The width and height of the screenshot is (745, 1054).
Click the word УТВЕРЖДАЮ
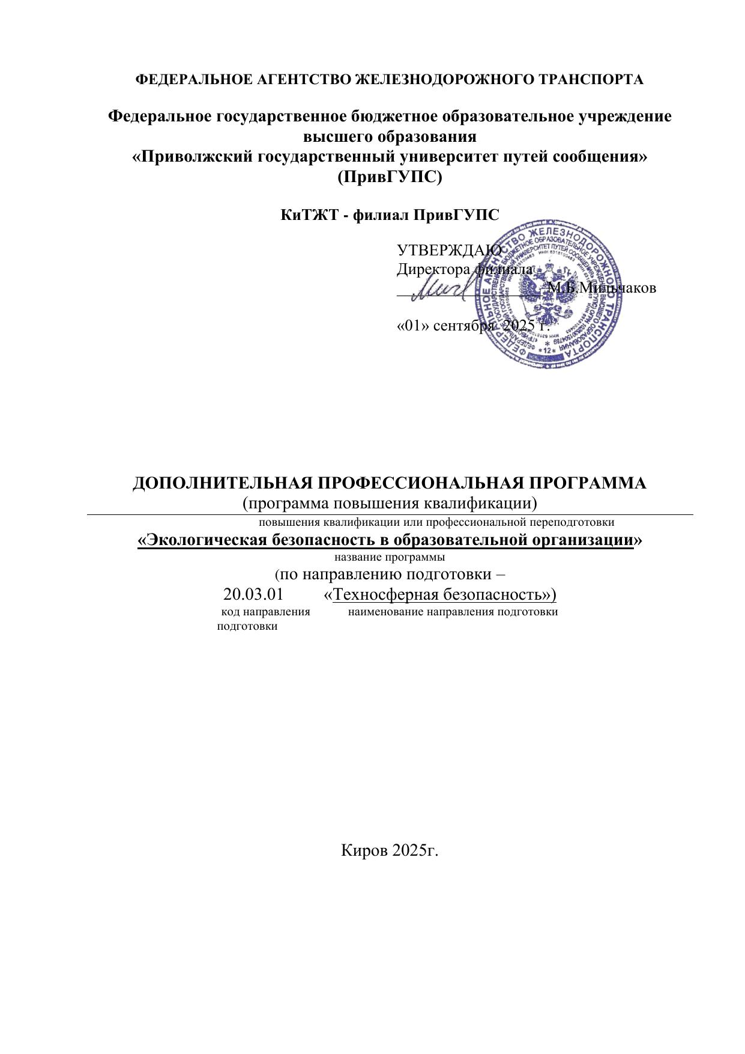(449, 251)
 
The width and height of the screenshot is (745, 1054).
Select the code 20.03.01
(253, 595)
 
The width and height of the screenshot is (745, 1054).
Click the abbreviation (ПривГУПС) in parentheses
(390, 178)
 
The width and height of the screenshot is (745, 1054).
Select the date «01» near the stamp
(412, 326)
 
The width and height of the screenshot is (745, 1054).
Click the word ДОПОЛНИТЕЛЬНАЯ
(222, 483)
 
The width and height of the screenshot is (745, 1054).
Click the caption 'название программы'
(389, 556)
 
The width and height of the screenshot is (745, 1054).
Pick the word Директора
(433, 270)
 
